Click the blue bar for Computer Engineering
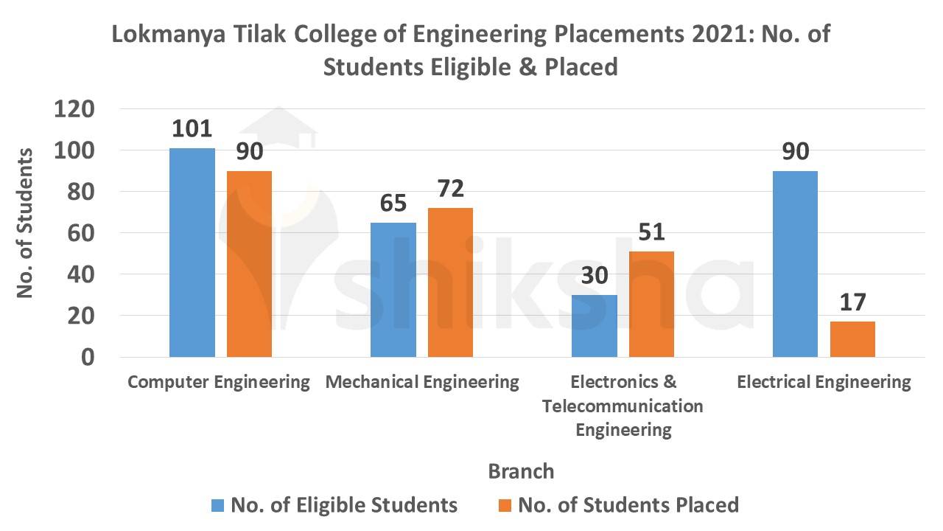click(x=192, y=253)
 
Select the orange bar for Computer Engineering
click(x=250, y=264)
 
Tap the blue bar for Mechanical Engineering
click(x=393, y=290)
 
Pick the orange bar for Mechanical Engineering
click(x=450, y=282)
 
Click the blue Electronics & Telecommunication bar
click(x=595, y=326)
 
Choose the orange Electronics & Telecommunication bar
click(x=651, y=304)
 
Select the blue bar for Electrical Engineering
click(x=795, y=264)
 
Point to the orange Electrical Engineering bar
click(x=852, y=339)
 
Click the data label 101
click(x=192, y=129)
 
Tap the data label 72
click(x=450, y=190)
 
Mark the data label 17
click(x=852, y=303)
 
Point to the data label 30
click(x=595, y=277)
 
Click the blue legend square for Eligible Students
click(x=217, y=505)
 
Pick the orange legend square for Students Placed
click(x=504, y=505)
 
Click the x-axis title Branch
click(x=521, y=471)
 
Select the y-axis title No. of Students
click(x=26, y=223)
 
